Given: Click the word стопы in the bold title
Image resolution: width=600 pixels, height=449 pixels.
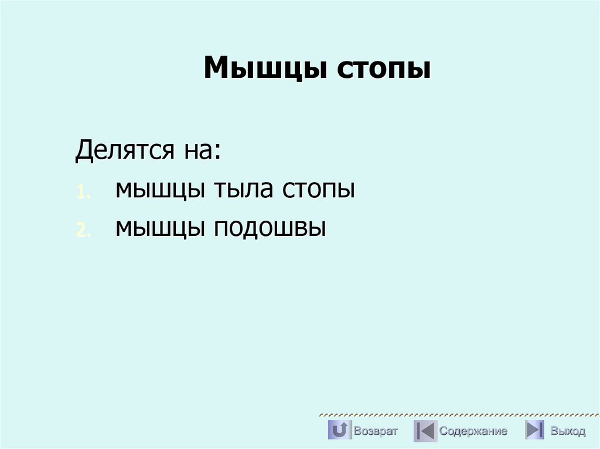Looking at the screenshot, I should (383, 68).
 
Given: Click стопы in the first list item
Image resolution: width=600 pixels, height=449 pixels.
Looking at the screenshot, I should (319, 190).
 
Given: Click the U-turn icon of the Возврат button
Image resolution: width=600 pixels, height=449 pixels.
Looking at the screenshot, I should (339, 430).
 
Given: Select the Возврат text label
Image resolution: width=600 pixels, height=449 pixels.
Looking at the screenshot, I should (376, 431).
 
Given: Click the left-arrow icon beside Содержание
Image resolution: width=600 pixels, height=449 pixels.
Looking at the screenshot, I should (425, 431).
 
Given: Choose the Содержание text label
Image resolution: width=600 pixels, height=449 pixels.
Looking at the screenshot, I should (473, 431).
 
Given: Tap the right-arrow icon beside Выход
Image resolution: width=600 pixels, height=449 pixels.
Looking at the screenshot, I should (534, 430).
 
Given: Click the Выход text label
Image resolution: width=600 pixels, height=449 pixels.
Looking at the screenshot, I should (567, 431).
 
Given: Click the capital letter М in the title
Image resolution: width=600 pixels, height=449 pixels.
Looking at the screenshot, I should (214, 68).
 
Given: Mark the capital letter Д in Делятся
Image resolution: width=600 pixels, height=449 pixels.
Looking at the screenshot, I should (83, 152).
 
